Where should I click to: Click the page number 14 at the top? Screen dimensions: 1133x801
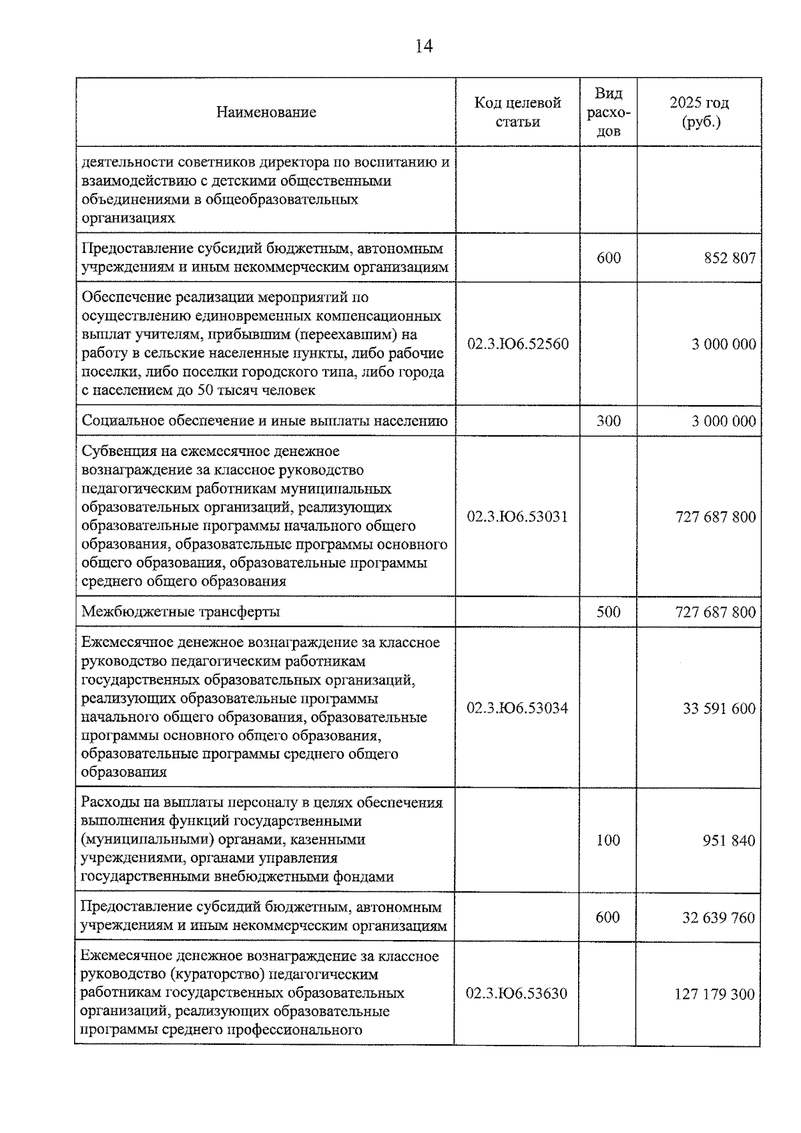[424, 46]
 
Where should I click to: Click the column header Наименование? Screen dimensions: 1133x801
[266, 112]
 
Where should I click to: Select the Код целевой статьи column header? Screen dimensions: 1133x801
[517, 112]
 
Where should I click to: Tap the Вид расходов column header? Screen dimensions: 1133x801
[608, 112]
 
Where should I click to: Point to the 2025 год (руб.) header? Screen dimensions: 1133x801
[699, 112]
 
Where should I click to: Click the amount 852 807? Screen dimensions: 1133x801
[730, 258]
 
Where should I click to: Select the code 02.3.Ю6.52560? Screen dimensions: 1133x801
[518, 344]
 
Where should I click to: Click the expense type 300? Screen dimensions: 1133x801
[608, 421]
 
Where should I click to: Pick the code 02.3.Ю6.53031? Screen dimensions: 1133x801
[517, 516]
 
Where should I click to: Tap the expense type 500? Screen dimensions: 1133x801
[608, 612]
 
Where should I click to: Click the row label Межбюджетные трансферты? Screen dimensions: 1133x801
[181, 612]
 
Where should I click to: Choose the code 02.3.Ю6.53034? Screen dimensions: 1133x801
[517, 708]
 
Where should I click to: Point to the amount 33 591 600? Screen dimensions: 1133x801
[719, 708]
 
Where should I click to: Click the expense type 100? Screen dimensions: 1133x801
[608, 840]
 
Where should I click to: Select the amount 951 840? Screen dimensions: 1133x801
[729, 840]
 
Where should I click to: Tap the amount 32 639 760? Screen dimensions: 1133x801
[719, 917]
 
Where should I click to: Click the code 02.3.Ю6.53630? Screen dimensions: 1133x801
[517, 993]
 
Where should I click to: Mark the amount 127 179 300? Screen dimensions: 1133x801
[715, 994]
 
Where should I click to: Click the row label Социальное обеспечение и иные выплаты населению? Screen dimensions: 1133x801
[264, 421]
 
